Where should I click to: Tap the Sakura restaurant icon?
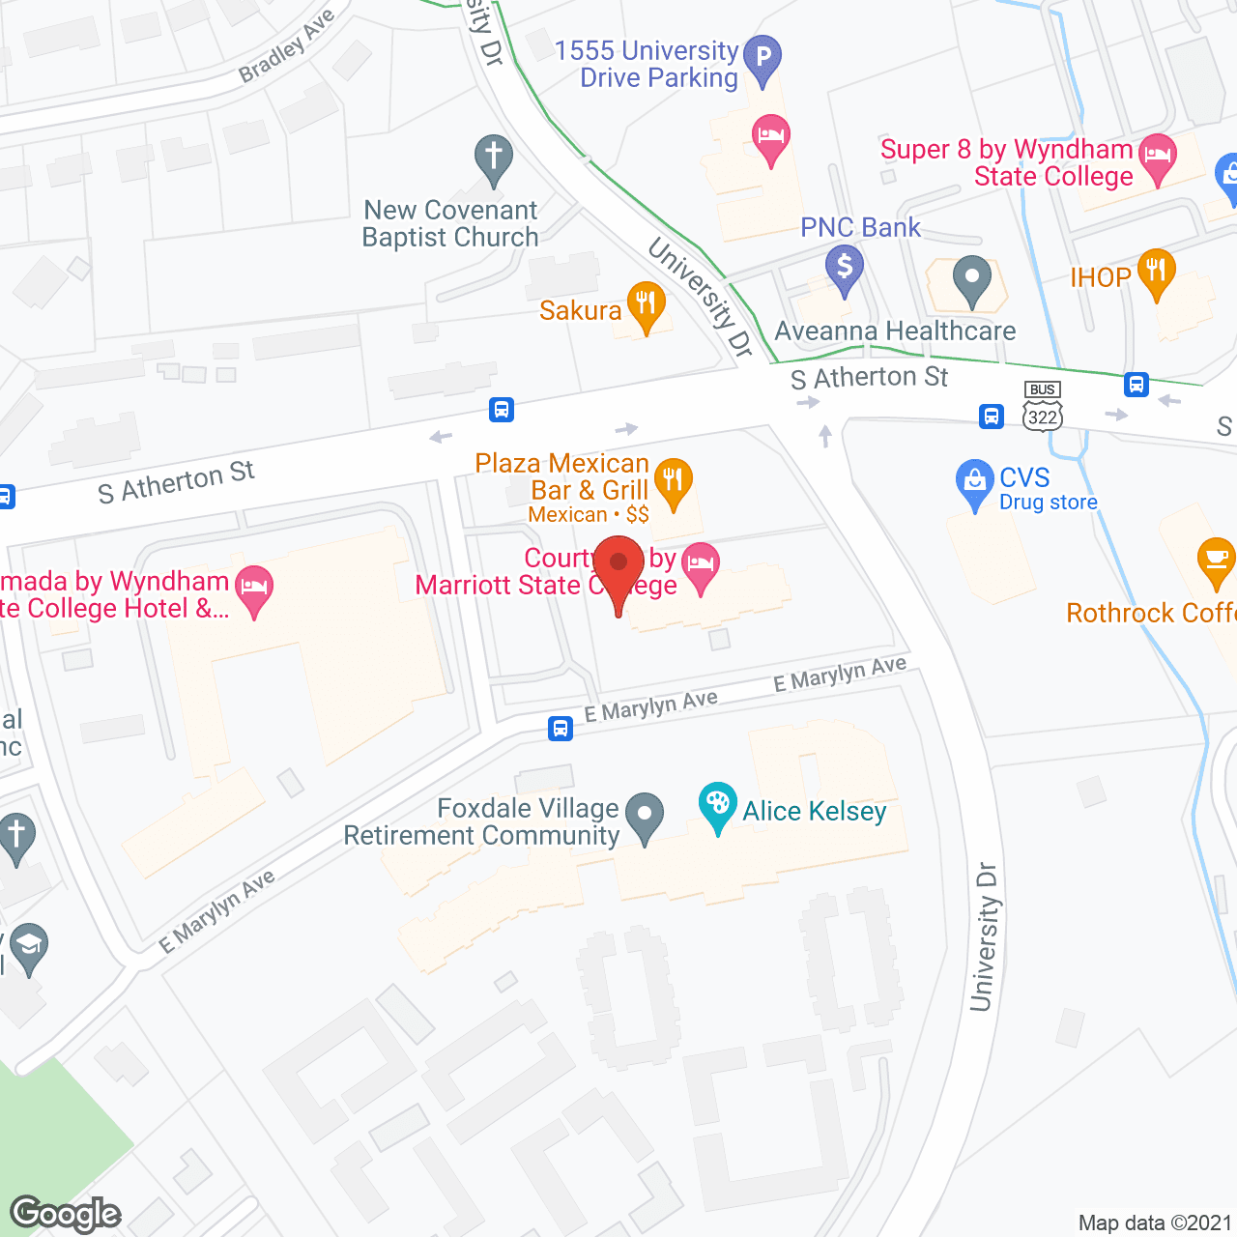tap(646, 303)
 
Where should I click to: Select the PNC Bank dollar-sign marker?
tap(845, 267)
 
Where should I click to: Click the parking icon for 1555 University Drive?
tap(762, 56)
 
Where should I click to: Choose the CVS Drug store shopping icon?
tap(974, 480)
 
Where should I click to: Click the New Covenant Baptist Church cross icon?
tap(493, 157)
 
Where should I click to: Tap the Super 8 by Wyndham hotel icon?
tap(1157, 157)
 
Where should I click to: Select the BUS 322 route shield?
tap(1043, 407)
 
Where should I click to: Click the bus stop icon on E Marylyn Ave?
tap(561, 728)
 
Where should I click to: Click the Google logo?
tap(66, 1214)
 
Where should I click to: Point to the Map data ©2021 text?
tap(1155, 1223)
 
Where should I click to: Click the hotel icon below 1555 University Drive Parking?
tap(770, 136)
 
